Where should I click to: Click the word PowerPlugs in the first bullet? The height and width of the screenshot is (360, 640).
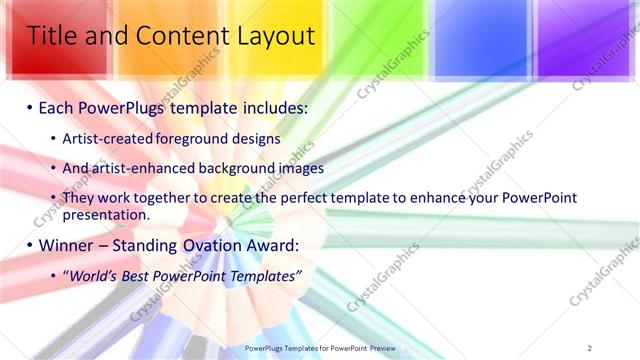tap(129, 106)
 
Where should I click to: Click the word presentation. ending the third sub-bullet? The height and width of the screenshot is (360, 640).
tap(105, 214)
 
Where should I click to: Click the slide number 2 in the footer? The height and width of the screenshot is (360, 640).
tap(590, 348)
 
